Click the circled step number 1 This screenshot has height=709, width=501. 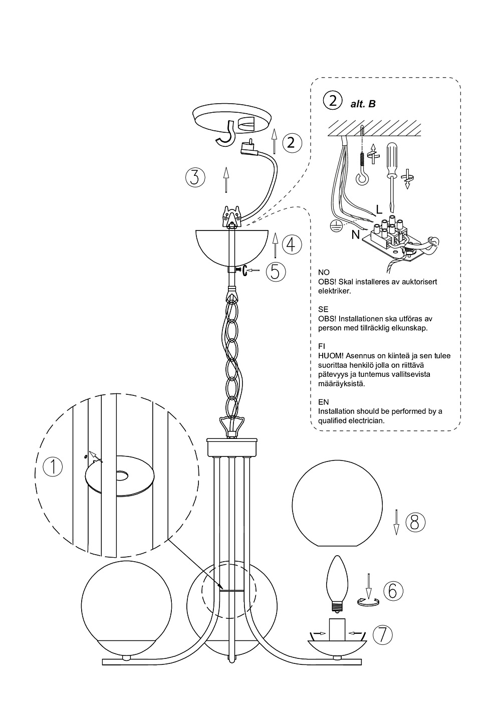[x=53, y=467]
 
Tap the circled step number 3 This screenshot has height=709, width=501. [x=195, y=177]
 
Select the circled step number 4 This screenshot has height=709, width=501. [x=292, y=244]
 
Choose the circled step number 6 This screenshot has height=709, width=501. [x=393, y=591]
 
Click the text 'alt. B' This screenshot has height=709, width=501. [x=363, y=104]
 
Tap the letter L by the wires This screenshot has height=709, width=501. [x=379, y=209]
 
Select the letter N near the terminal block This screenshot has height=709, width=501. [x=356, y=235]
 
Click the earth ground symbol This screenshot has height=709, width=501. [x=334, y=225]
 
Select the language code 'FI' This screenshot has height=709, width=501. [x=322, y=346]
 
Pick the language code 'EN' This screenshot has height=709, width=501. [x=323, y=402]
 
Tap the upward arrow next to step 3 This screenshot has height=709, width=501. [x=226, y=180]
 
